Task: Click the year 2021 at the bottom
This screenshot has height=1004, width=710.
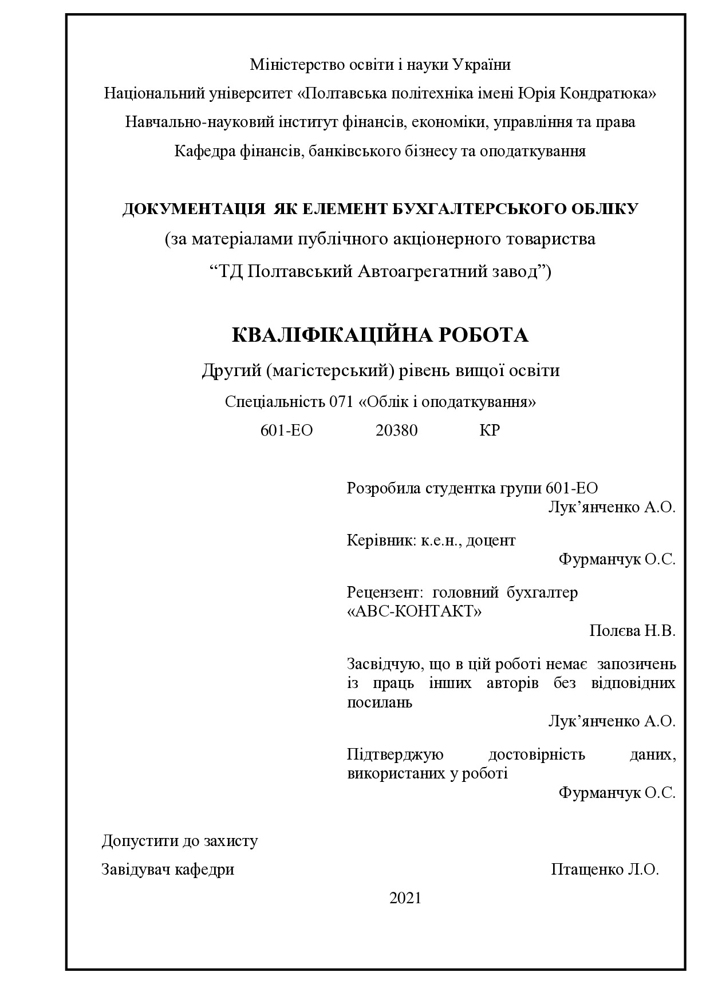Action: (x=405, y=898)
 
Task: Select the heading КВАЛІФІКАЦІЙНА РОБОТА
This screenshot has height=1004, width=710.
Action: (x=380, y=335)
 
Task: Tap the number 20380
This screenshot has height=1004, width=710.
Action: (x=396, y=430)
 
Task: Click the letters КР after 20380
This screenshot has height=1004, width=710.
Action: (x=490, y=430)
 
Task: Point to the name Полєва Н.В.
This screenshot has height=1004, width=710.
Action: (x=632, y=631)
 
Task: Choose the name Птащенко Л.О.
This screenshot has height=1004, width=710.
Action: (x=605, y=869)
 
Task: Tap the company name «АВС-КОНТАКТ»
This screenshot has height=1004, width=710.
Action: (x=415, y=611)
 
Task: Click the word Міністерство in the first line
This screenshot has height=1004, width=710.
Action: (x=298, y=65)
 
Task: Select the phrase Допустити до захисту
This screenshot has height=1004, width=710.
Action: (x=180, y=841)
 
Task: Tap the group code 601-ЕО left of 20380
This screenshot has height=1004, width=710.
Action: (x=286, y=430)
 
